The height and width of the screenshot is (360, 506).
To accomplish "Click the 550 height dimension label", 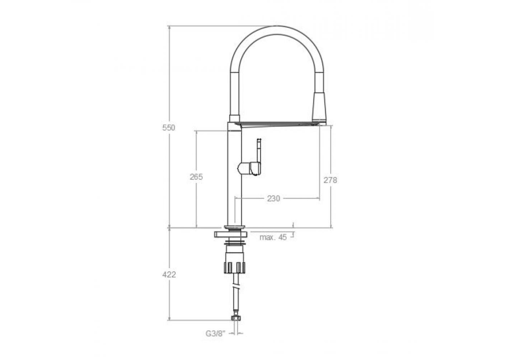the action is (x=168, y=127).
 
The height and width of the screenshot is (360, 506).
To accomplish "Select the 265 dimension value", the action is (x=196, y=177).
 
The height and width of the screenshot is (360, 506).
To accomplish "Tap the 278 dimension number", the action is (x=330, y=180).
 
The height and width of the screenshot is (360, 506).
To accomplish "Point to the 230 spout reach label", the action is (x=273, y=199).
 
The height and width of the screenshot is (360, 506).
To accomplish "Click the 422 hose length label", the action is (x=169, y=275).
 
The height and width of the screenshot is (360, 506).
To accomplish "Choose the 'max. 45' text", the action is (x=273, y=237).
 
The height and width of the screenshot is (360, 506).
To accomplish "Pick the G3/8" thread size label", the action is (x=215, y=334).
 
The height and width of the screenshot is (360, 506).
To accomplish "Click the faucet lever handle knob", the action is (x=249, y=168).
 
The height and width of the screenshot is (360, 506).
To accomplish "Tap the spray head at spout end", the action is (x=320, y=108).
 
